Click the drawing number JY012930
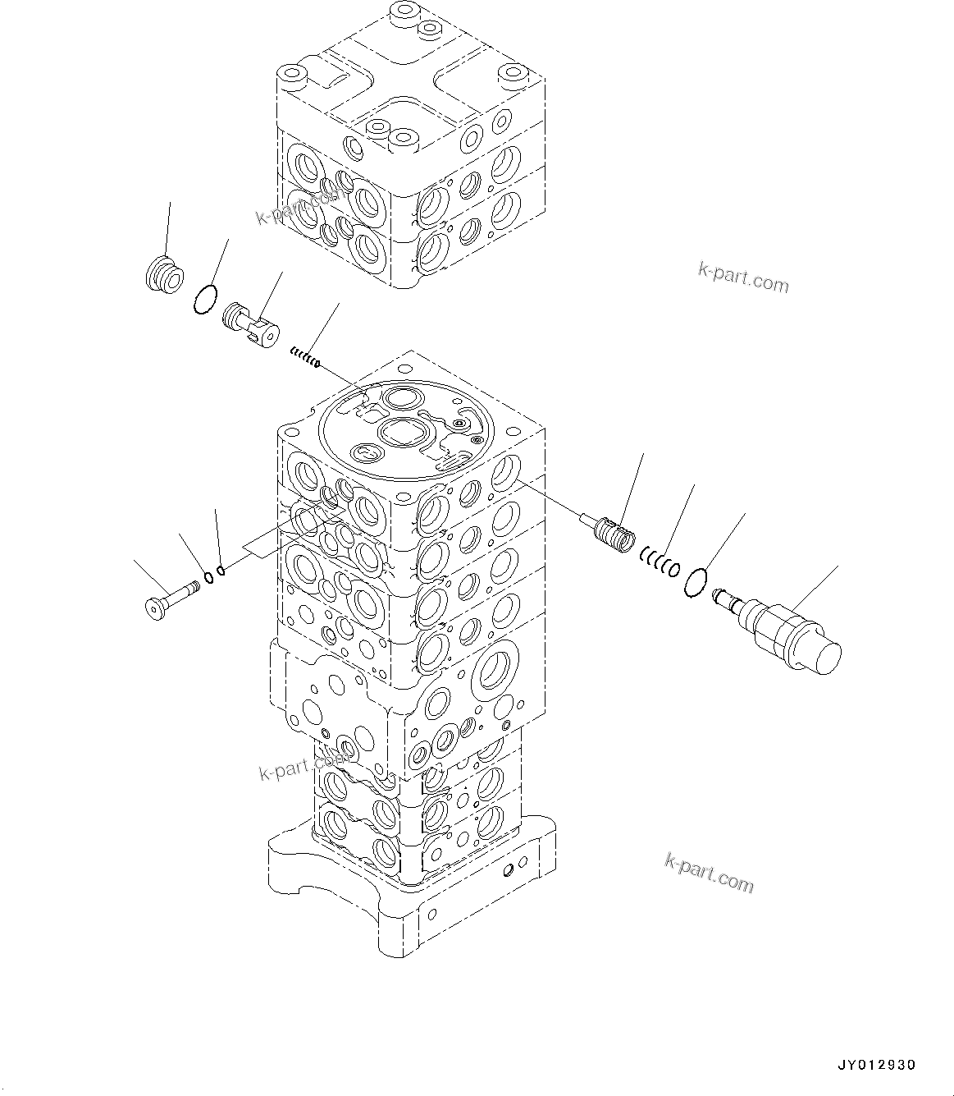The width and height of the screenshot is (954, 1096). pos(876,1065)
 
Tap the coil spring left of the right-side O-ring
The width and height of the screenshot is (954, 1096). pos(660,562)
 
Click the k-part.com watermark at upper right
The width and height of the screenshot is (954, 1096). pos(743,279)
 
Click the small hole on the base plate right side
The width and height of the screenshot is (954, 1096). pos(511,868)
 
